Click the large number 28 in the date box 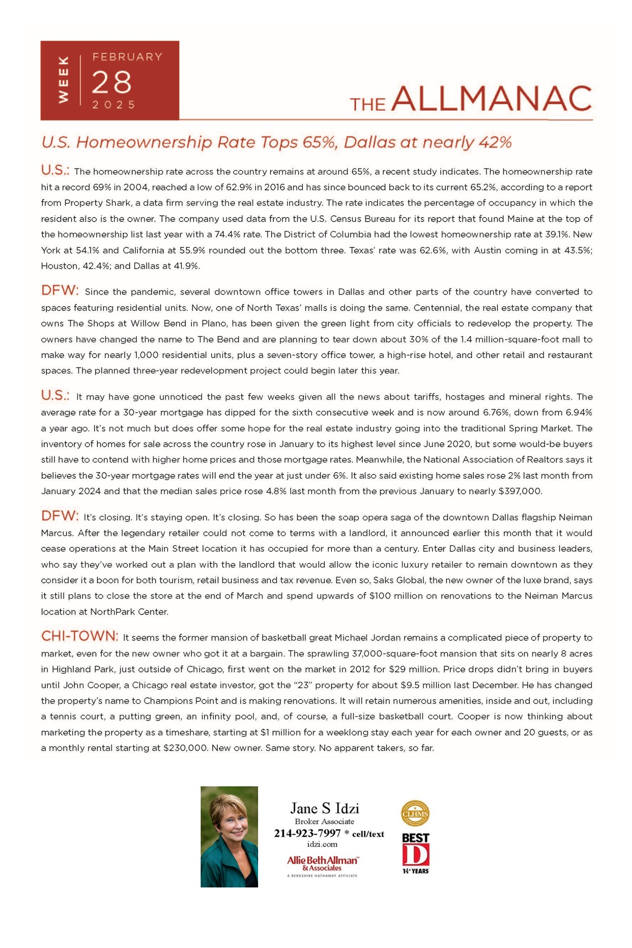[x=112, y=83]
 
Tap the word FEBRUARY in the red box [x=127, y=57]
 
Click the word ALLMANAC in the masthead [x=492, y=99]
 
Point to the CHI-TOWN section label [x=80, y=636]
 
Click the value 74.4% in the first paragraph [x=227, y=234]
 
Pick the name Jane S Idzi [x=324, y=808]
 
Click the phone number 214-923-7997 [x=307, y=833]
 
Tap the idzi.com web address [x=322, y=844]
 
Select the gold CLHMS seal [x=415, y=813]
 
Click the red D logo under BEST [x=416, y=855]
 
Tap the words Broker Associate [x=324, y=822]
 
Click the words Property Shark [x=87, y=203]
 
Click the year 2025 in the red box [x=114, y=105]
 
